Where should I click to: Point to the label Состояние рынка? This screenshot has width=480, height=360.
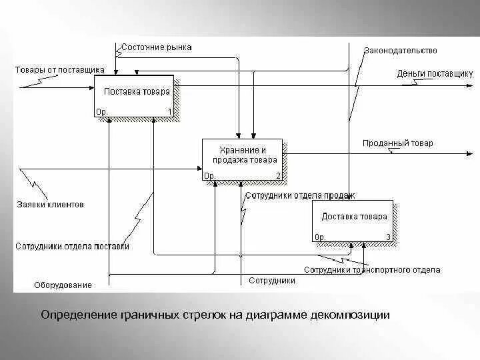coord(157,47)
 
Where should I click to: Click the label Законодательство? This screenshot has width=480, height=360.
coord(400,51)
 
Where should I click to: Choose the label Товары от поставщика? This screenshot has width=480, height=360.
coord(59,69)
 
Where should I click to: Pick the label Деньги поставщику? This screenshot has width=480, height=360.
coord(435,73)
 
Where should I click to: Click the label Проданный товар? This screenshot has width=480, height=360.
coord(397,143)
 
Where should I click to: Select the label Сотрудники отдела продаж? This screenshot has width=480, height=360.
coord(300,196)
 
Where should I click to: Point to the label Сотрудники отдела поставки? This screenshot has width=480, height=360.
coord(72,246)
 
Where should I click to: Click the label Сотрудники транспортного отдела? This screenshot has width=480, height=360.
coord(372,270)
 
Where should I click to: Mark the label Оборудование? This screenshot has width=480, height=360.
coord(63,285)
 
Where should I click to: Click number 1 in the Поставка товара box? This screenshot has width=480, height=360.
coord(169,112)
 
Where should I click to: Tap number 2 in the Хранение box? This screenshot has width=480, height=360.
coord(278,176)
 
